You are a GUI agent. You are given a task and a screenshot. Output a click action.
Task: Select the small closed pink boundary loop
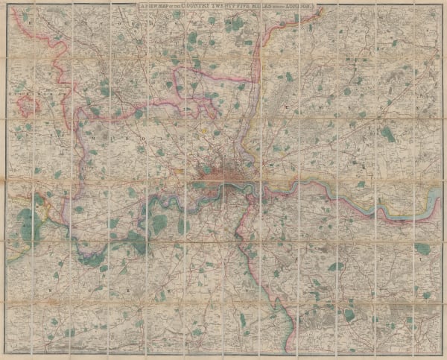pos(27,107)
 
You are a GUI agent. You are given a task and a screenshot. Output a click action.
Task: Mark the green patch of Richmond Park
pos(159,222)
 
